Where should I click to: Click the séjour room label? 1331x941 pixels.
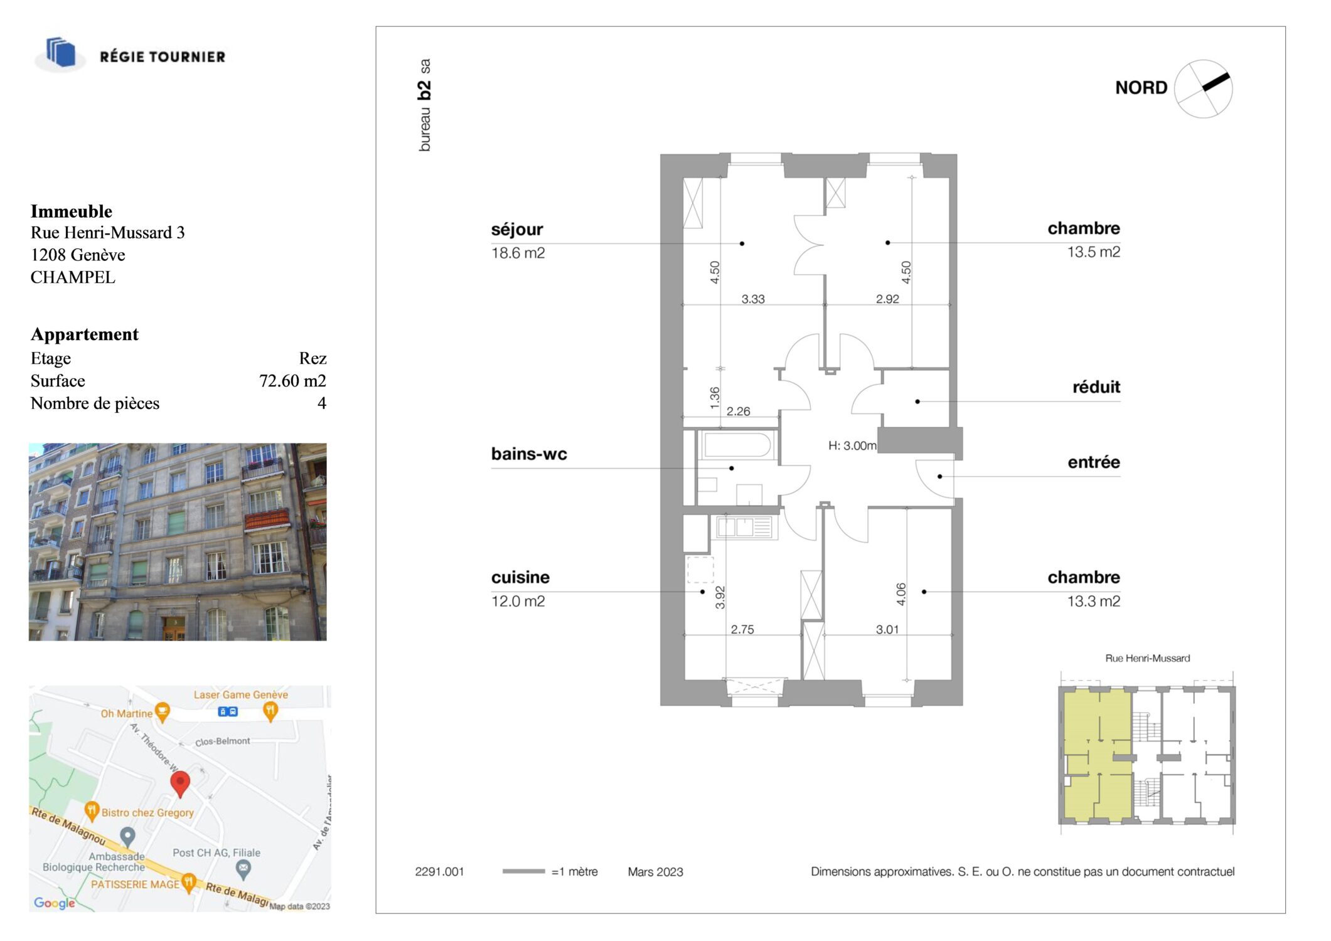517,230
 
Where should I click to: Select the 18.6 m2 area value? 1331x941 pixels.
518,253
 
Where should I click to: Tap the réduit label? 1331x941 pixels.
1096,386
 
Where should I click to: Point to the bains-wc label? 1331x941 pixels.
529,454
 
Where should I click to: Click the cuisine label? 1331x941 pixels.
520,577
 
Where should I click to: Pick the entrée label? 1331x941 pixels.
1094,462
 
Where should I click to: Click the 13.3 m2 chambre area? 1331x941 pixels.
1094,601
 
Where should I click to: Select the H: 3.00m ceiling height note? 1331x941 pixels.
852,445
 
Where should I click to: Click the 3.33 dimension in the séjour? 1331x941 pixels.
753,299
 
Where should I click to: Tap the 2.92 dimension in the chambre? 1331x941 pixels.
887,299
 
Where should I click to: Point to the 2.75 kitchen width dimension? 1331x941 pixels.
742,629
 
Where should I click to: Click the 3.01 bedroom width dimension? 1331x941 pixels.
887,629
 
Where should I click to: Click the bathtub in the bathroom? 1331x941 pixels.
737,445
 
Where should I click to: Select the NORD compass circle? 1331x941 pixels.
1203,89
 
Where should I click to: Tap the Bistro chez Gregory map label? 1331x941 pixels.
147,812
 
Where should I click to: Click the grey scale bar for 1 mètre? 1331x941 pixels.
523,871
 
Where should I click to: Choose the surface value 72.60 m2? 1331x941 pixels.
292,381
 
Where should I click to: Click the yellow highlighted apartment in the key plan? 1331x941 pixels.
1097,755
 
